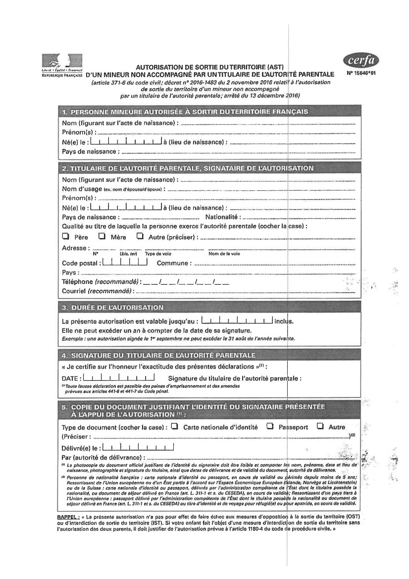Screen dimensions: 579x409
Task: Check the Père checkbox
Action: (65, 236)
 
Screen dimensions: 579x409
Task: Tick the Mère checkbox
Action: (102, 236)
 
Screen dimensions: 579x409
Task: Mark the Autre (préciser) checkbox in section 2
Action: (140, 236)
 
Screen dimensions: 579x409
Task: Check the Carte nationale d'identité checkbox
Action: (174, 426)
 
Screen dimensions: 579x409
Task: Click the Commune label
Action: (173, 263)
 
